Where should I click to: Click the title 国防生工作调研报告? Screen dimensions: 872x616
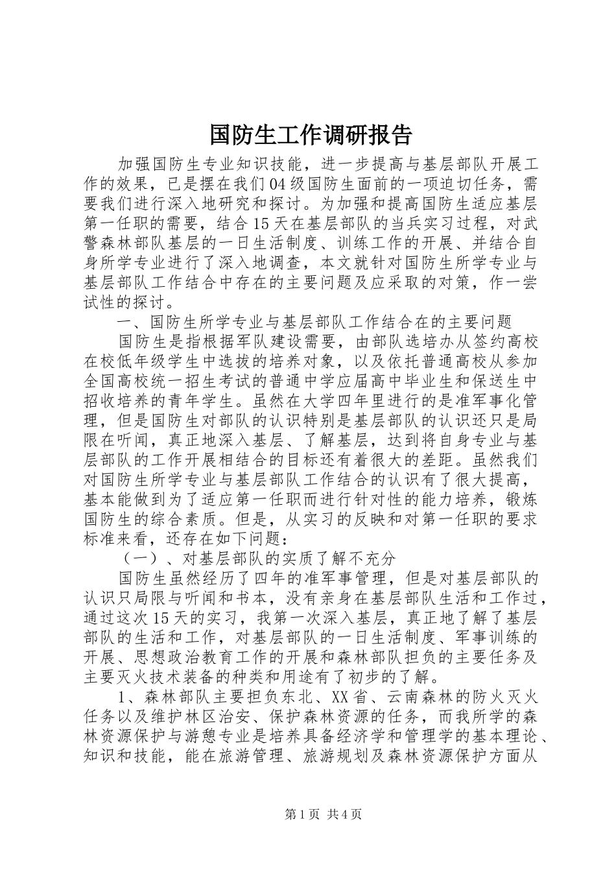(x=311, y=134)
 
